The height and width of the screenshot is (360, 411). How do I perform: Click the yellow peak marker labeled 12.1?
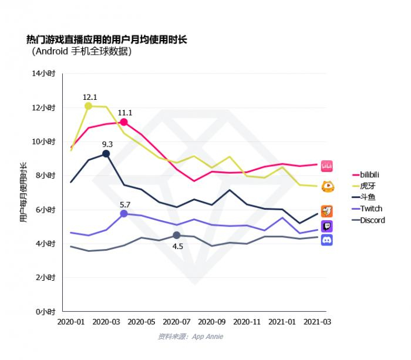[89, 106]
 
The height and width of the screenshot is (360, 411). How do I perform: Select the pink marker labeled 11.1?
[124, 122]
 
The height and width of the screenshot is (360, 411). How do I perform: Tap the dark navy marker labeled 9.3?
[106, 153]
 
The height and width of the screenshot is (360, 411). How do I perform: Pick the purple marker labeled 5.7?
[124, 214]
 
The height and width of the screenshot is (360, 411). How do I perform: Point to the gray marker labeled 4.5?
[177, 235]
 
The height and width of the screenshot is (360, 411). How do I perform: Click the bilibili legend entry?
[369, 174]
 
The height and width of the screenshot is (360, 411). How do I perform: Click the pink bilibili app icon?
[327, 166]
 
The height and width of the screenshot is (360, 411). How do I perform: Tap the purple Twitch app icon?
[327, 226]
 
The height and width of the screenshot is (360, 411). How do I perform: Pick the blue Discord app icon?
[327, 240]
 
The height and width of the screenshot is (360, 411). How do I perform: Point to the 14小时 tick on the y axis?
[44, 73]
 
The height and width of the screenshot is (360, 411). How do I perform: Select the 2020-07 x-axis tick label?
[176, 322]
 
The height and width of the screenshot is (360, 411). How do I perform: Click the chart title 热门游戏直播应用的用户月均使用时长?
[106, 40]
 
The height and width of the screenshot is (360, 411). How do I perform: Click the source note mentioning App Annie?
[190, 337]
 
